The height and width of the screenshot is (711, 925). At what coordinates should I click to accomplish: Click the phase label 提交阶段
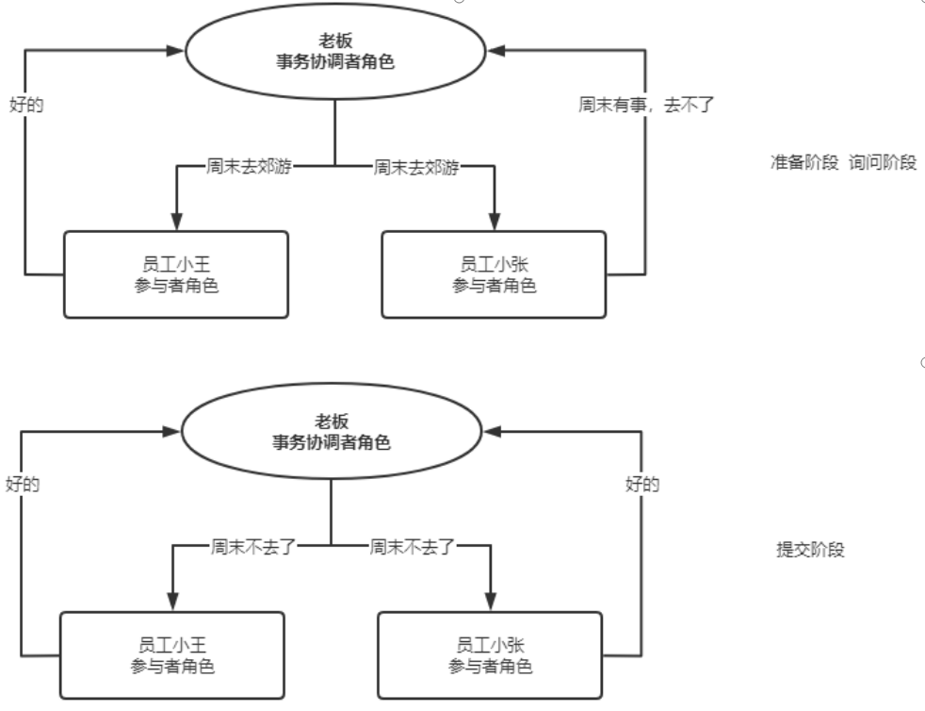803,551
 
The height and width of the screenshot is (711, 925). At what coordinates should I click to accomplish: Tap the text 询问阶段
883,162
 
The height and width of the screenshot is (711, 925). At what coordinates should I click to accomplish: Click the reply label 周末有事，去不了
648,105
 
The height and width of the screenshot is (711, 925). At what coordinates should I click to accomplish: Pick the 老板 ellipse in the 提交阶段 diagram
331,432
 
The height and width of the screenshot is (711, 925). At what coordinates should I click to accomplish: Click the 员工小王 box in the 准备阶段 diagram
176,273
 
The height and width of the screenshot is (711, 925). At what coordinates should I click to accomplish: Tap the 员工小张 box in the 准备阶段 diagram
494,273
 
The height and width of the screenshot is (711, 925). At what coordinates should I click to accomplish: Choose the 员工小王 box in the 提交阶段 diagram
171,654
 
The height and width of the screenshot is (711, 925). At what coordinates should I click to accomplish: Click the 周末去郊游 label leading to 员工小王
249,167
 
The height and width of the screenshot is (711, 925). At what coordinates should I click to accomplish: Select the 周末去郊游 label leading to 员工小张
416,167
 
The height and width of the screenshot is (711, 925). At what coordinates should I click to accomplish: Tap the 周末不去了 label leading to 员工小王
249,546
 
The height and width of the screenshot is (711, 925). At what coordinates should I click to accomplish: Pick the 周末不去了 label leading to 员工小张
413,546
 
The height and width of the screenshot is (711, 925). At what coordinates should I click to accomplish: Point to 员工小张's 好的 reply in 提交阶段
642,484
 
